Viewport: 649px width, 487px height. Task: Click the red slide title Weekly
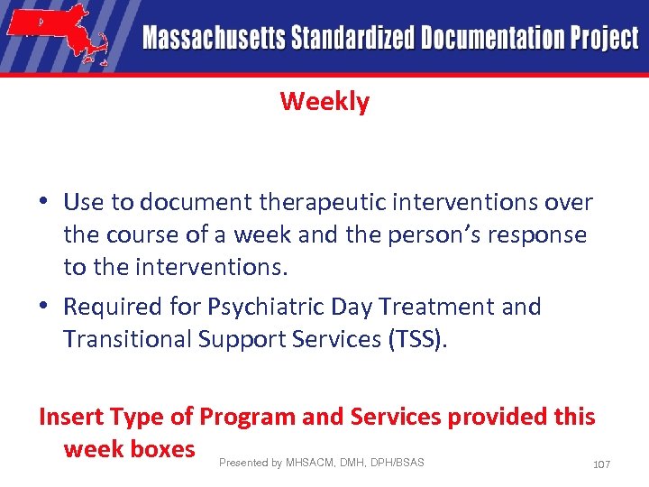324,101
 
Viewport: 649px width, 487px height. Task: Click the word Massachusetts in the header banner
213,38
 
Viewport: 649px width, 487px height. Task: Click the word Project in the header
604,38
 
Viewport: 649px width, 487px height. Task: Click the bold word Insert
70,417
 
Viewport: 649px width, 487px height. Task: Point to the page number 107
601,464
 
